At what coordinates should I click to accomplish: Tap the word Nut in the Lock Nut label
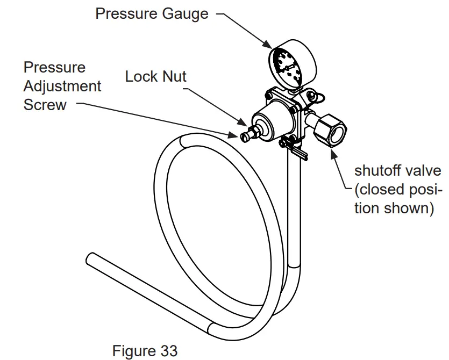[x=174, y=77]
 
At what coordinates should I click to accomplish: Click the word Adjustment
[x=62, y=86]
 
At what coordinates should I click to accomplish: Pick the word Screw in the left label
[x=45, y=104]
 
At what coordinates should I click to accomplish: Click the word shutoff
[x=380, y=171]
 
